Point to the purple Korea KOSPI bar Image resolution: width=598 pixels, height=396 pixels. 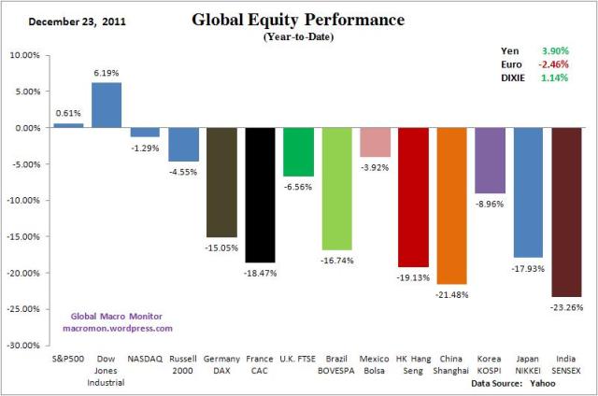490,160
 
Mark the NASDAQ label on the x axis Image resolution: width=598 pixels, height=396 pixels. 145,358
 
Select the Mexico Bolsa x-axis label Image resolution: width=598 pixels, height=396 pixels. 375,363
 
